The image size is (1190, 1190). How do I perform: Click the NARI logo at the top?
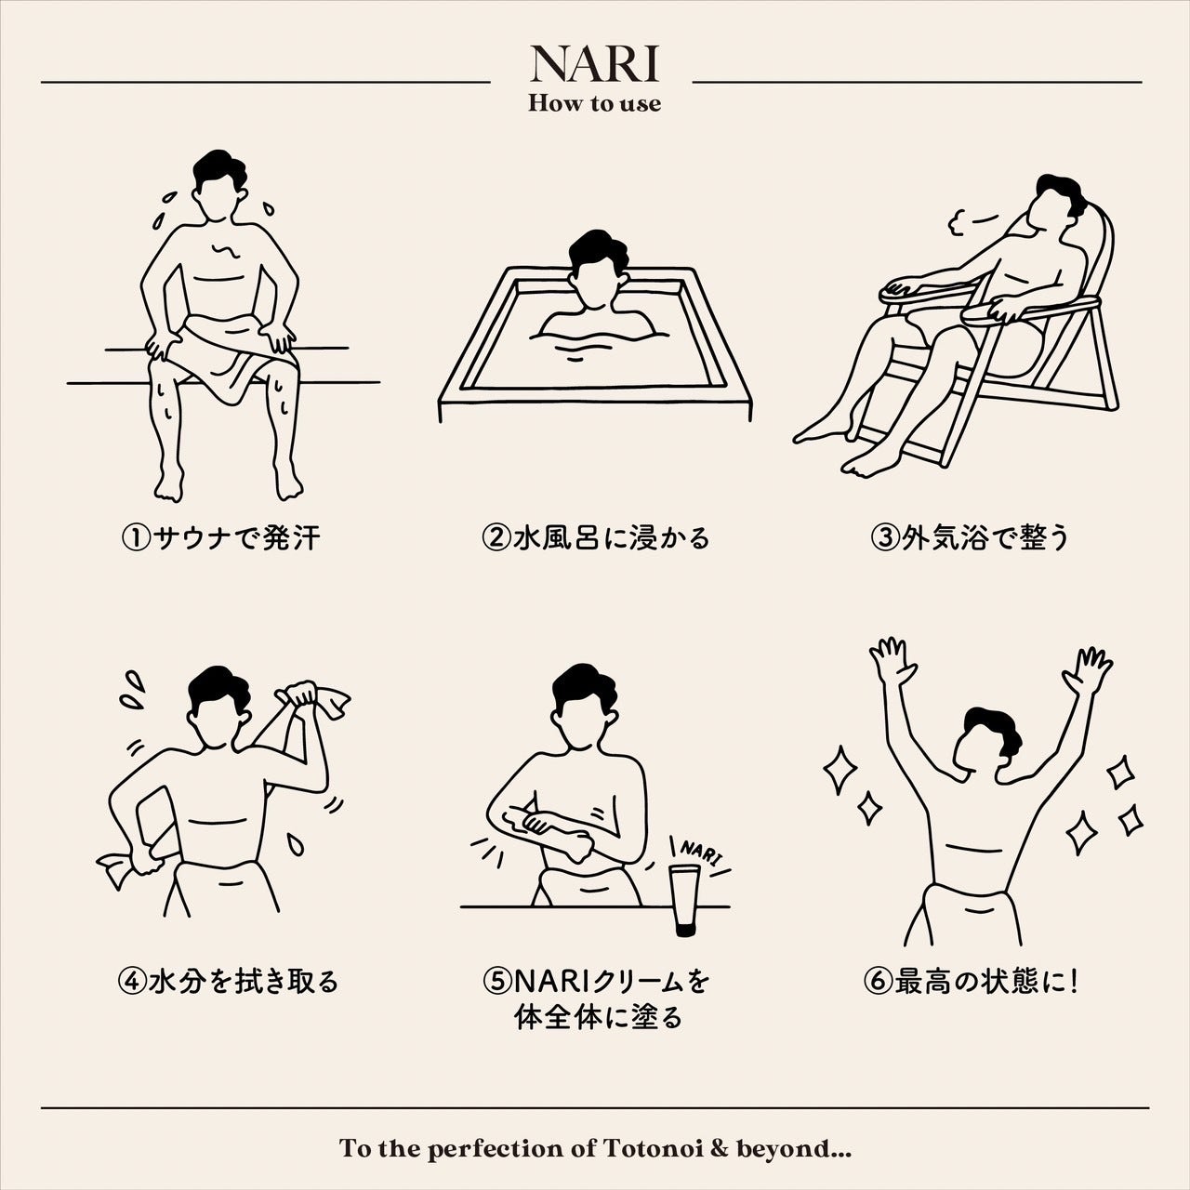595,63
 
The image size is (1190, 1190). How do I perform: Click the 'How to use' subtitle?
595,103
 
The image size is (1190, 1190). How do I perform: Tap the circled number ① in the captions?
136,538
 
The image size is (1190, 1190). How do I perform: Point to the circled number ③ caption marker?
886,538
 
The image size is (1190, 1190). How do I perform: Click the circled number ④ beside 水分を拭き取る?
133,981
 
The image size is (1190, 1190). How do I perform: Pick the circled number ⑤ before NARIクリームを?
497,981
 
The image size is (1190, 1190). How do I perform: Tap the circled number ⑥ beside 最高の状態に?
879,981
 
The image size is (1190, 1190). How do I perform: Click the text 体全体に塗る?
598,1017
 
